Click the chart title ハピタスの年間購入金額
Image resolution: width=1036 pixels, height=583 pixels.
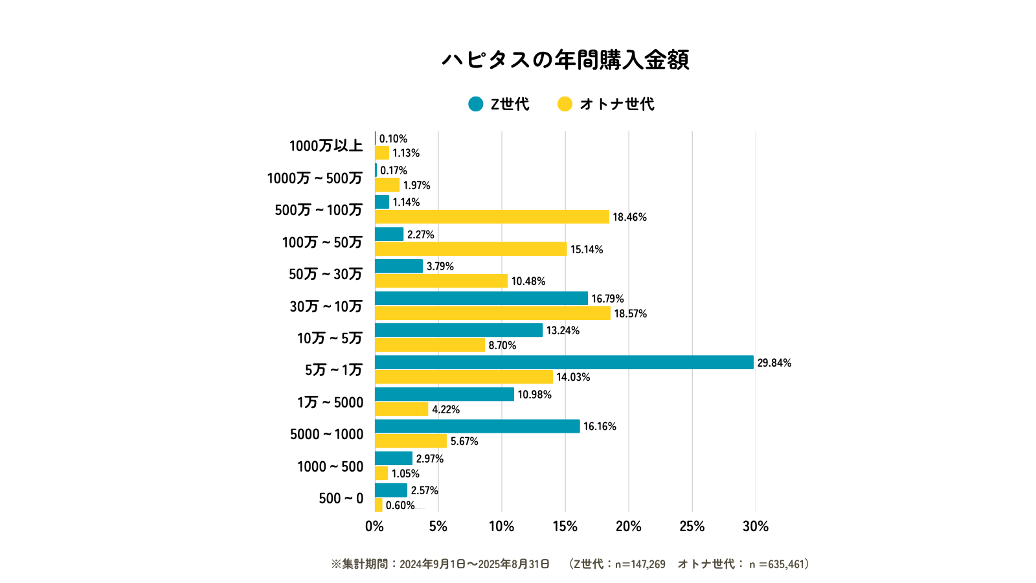pyautogui.click(x=565, y=60)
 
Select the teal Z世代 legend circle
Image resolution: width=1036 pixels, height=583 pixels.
pyautogui.click(x=476, y=104)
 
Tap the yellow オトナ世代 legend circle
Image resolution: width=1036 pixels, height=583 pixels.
pyautogui.click(x=565, y=104)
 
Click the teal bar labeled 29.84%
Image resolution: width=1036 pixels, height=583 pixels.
pyautogui.click(x=564, y=362)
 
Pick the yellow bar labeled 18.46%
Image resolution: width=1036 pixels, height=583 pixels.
pyautogui.click(x=492, y=216)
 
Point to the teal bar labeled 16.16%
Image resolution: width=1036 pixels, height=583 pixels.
pyautogui.click(x=477, y=426)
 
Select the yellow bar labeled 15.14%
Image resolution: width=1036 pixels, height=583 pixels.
pyautogui.click(x=471, y=249)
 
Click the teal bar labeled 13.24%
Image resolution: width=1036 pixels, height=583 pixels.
pyautogui.click(x=458, y=330)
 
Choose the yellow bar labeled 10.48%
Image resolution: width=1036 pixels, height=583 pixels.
pyautogui.click(x=441, y=280)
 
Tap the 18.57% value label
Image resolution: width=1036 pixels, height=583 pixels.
pyautogui.click(x=631, y=314)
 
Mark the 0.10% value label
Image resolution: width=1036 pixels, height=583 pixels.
pyautogui.click(x=393, y=139)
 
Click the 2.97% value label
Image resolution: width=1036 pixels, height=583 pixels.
pyautogui.click(x=430, y=459)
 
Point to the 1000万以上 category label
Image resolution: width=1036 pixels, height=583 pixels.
pyautogui.click(x=326, y=146)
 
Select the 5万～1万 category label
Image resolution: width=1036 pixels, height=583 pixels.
pyautogui.click(x=333, y=370)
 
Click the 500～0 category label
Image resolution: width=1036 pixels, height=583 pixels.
pyautogui.click(x=341, y=498)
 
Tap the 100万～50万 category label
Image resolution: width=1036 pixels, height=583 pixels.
pyautogui.click(x=322, y=242)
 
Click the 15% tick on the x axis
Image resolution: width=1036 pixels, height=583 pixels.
pyautogui.click(x=565, y=526)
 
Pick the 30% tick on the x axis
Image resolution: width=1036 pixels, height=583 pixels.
pyautogui.click(x=755, y=526)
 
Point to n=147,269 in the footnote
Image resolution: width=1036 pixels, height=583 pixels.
pyautogui.click(x=640, y=564)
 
